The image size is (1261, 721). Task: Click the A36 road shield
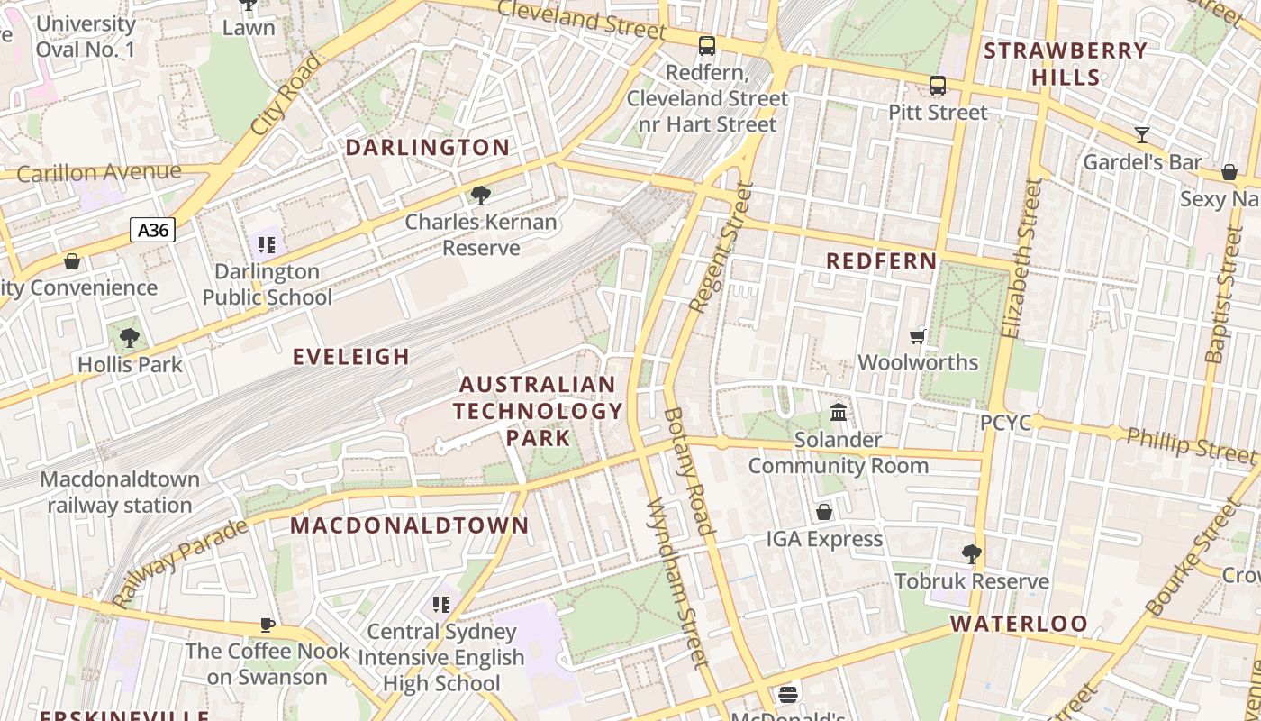(152, 230)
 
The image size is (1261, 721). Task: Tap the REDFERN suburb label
(882, 261)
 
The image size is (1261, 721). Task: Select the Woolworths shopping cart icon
(917, 336)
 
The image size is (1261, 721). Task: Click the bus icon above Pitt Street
(938, 86)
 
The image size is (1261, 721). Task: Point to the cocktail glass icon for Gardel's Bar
(1142, 135)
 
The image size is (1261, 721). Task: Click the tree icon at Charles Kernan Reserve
(481, 195)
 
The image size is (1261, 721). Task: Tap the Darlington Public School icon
(266, 244)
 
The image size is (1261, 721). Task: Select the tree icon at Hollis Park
(130, 338)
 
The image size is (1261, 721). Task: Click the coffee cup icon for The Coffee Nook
(267, 625)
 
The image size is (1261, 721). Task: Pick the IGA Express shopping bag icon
(823, 512)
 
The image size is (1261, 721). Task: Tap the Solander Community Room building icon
(839, 412)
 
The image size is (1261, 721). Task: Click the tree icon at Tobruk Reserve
(971, 553)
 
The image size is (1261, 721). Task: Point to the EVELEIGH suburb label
(351, 357)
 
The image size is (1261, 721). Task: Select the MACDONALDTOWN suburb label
(410, 525)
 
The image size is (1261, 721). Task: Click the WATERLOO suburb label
(1019, 624)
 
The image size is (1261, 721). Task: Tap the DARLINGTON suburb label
(428, 148)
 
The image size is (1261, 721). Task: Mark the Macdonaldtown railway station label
(120, 492)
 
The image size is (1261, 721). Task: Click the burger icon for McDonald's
(788, 695)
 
